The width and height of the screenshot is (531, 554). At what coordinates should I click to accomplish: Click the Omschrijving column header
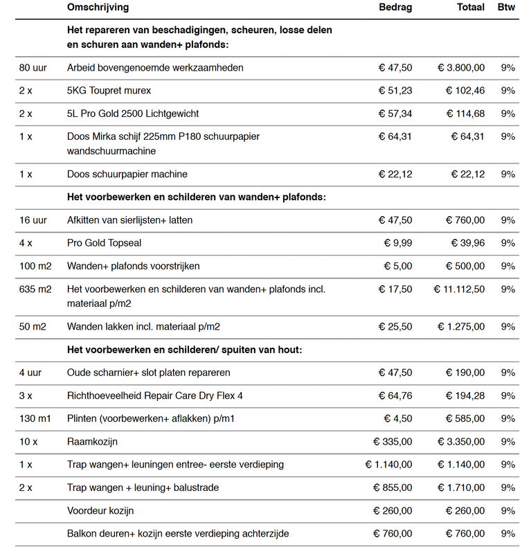(98, 8)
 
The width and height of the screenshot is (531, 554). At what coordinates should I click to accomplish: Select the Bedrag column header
(395, 8)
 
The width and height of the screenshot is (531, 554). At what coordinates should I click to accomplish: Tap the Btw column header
(507, 8)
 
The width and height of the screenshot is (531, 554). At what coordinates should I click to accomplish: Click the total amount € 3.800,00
(461, 68)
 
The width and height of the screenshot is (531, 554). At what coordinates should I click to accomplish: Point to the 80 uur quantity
(33, 68)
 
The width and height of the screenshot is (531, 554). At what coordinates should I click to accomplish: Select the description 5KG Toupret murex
(109, 91)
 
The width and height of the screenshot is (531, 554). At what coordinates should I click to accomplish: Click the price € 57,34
(395, 114)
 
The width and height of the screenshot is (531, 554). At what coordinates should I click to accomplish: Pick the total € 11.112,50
(459, 289)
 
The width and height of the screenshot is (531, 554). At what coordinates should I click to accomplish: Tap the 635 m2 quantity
(35, 289)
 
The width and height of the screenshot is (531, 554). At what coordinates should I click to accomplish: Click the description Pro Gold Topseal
(104, 243)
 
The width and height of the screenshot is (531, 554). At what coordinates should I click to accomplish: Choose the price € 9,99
(398, 243)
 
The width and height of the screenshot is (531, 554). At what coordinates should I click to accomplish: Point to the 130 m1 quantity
(36, 418)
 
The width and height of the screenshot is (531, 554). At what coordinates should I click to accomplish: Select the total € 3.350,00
(461, 441)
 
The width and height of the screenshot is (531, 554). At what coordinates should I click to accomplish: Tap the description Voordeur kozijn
(100, 511)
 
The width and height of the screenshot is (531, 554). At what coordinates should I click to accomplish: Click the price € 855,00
(393, 488)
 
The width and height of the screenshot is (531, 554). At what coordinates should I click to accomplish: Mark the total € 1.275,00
(461, 326)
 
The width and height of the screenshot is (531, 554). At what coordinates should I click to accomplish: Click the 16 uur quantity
(33, 220)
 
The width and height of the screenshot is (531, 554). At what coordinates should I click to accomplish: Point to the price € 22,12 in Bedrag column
(395, 174)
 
